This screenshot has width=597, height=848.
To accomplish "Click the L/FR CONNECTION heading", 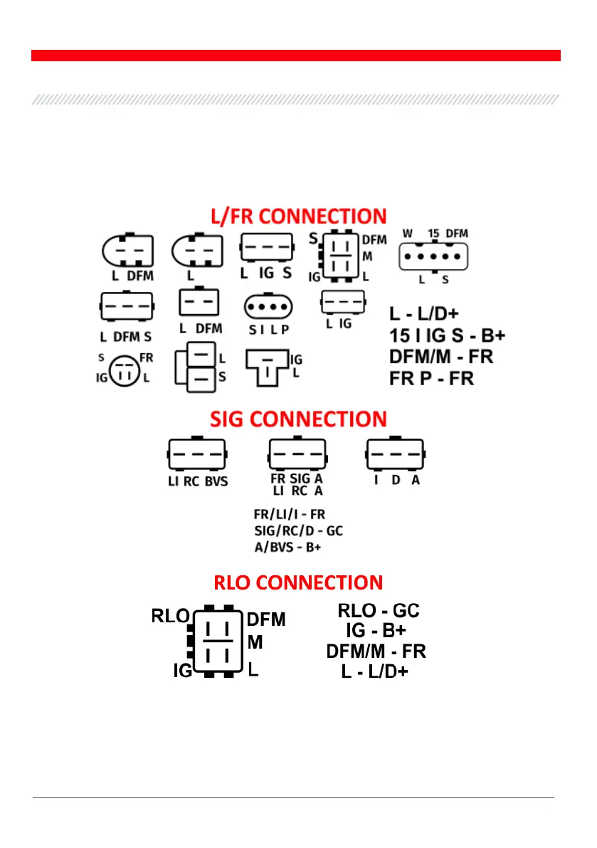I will (298, 216).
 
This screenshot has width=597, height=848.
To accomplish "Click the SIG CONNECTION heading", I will (298, 419).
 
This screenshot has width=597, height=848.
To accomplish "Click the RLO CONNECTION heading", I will (298, 583).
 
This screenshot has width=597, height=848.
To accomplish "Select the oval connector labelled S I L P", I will (267, 308).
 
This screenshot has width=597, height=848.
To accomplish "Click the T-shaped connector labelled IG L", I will (267, 366).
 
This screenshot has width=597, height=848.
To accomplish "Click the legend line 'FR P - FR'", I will (431, 378).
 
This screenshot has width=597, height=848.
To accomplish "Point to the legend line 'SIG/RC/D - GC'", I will (298, 530).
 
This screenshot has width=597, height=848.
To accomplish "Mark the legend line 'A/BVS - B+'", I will (288, 547).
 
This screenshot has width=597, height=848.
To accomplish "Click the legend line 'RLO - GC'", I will (378, 610).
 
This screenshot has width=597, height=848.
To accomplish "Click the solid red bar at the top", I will (295, 56).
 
